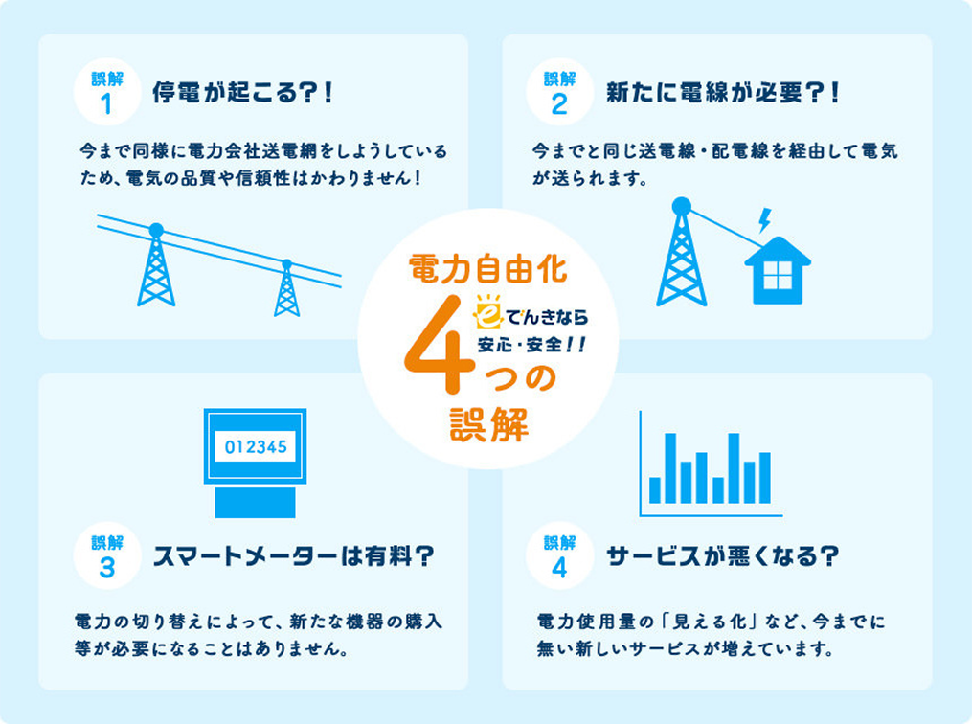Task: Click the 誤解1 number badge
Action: pos(106,93)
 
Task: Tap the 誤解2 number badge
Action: pos(560,93)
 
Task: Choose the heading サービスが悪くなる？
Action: pos(723,555)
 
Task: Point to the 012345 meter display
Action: pos(255,446)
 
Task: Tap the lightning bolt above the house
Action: pos(764,220)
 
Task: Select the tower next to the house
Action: pos(682,254)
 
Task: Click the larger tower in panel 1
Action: pos(156,266)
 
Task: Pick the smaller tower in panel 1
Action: pos(286,288)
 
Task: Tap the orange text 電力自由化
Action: pos(487,267)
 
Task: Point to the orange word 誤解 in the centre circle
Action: pos(488,425)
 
